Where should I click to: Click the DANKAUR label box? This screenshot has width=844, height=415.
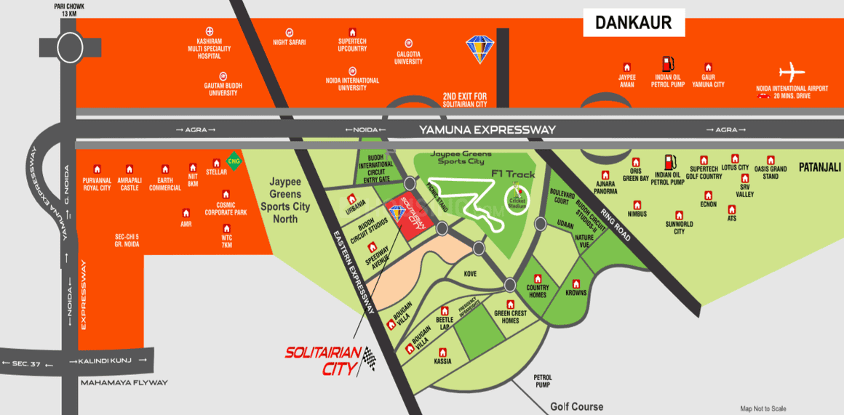[634, 23]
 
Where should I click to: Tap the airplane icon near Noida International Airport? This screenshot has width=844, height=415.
[792, 73]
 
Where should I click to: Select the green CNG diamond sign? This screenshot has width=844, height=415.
[234, 161]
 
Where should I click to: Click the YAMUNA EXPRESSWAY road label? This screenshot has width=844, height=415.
[487, 129]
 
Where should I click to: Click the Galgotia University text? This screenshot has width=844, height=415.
[408, 58]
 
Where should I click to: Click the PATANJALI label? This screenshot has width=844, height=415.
[819, 167]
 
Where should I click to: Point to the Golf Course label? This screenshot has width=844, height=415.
[576, 407]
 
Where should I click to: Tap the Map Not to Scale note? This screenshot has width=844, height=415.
[763, 408]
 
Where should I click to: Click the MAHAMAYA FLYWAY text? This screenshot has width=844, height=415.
[124, 382]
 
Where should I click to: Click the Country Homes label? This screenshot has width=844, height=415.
[537, 291]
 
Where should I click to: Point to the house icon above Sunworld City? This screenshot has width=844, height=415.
[679, 215]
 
